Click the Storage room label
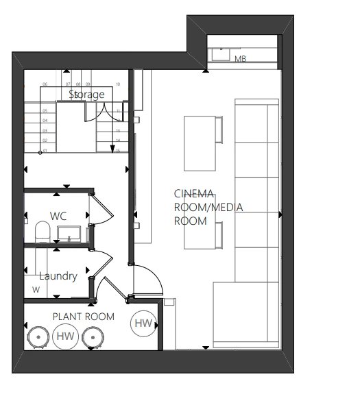pyautogui.click(x=86, y=94)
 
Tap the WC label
pyautogui.click(x=58, y=216)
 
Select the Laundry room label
pyautogui.click(x=58, y=276)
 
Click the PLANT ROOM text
pyautogui.click(x=84, y=317)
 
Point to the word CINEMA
pyautogui.click(x=194, y=193)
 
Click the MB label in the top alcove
pyautogui.click(x=240, y=59)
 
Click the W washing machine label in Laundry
pyautogui.click(x=36, y=289)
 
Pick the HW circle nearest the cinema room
pyautogui.click(x=143, y=323)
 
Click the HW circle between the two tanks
pyautogui.click(x=65, y=336)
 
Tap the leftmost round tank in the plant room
pyautogui.click(x=36, y=337)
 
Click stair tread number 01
pyautogui.click(x=45, y=150)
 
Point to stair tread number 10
pyautogui.click(x=118, y=84)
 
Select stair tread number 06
pyautogui.click(x=45, y=84)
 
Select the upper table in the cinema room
pyautogui.click(x=202, y=143)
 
